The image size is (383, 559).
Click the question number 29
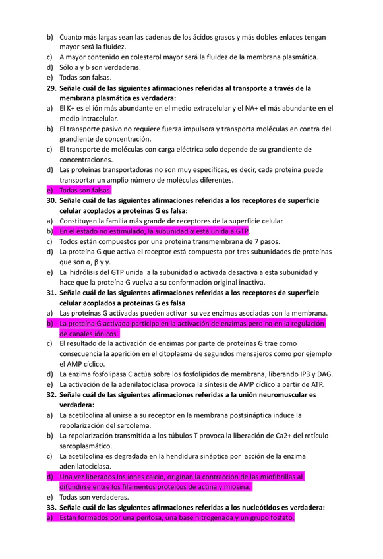(x=51, y=88)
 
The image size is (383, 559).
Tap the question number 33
(x=51, y=508)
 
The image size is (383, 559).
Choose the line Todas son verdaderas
(x=94, y=497)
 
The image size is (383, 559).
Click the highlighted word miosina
(x=236, y=486)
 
